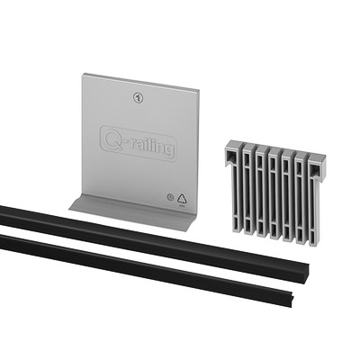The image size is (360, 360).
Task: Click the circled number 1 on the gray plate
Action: click(138, 98)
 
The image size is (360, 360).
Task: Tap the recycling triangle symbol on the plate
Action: click(182, 199)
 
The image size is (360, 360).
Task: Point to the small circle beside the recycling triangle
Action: click(170, 197)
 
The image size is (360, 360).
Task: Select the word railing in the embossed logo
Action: click(148, 147)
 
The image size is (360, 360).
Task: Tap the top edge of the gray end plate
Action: click(141, 81)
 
